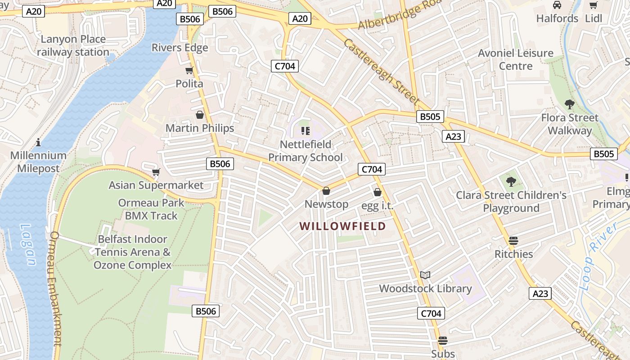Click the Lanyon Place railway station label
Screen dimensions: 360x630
tap(73, 45)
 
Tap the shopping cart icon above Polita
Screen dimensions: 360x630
tap(189, 70)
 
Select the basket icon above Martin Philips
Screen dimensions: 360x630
tap(200, 115)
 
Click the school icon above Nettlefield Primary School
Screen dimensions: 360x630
tap(306, 131)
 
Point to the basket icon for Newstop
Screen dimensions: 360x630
tap(326, 191)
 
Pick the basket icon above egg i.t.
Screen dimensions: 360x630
tap(378, 192)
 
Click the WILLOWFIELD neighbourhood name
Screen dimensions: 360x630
tap(343, 226)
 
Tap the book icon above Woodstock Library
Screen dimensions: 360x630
tap(425, 274)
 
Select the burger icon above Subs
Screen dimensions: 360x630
tap(443, 340)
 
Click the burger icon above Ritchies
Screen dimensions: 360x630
tap(513, 240)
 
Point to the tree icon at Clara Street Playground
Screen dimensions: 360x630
tap(511, 182)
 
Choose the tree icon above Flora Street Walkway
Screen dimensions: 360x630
tap(569, 104)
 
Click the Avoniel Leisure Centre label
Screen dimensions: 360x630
tap(516, 59)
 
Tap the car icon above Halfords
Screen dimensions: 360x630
tap(557, 5)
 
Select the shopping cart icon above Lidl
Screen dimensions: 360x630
tap(594, 5)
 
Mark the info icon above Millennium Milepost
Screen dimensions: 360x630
tap(38, 142)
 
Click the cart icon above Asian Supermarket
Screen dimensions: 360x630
tap(156, 172)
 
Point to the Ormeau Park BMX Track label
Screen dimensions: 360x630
tap(151, 209)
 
